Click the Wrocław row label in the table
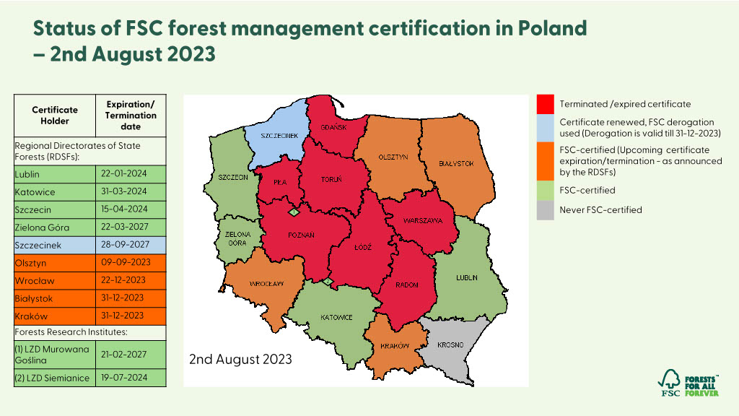pyautogui.click(x=55, y=280)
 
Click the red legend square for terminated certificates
pyautogui.click(x=546, y=104)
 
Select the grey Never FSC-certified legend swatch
pyautogui.click(x=546, y=210)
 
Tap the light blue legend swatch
pyautogui.click(x=546, y=128)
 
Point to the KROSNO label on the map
pyautogui.click(x=449, y=345)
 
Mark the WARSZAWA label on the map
pyautogui.click(x=423, y=220)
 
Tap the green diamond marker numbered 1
pyautogui.click(x=293, y=212)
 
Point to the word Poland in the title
pyautogui.click(x=552, y=29)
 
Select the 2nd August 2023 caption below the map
pyautogui.click(x=240, y=359)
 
